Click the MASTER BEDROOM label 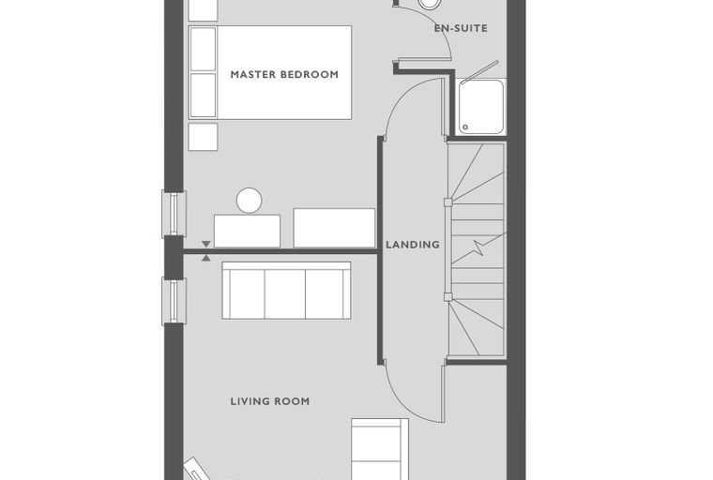click(x=284, y=74)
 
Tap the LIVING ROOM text click(x=270, y=401)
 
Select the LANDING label click(x=413, y=245)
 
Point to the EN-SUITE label click(x=461, y=28)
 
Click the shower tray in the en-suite click(x=481, y=106)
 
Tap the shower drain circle click(x=465, y=127)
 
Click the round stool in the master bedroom click(x=250, y=201)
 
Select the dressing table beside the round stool click(x=247, y=231)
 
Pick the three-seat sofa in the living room click(x=286, y=290)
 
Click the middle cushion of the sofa click(x=285, y=293)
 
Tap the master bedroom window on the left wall click(x=174, y=214)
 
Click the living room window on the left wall click(x=174, y=301)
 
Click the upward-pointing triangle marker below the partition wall click(x=206, y=258)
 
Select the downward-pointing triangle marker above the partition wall click(x=206, y=244)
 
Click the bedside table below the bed click(x=203, y=136)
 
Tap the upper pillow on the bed click(x=203, y=49)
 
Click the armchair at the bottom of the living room click(x=380, y=449)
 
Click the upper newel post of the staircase click(x=448, y=202)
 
